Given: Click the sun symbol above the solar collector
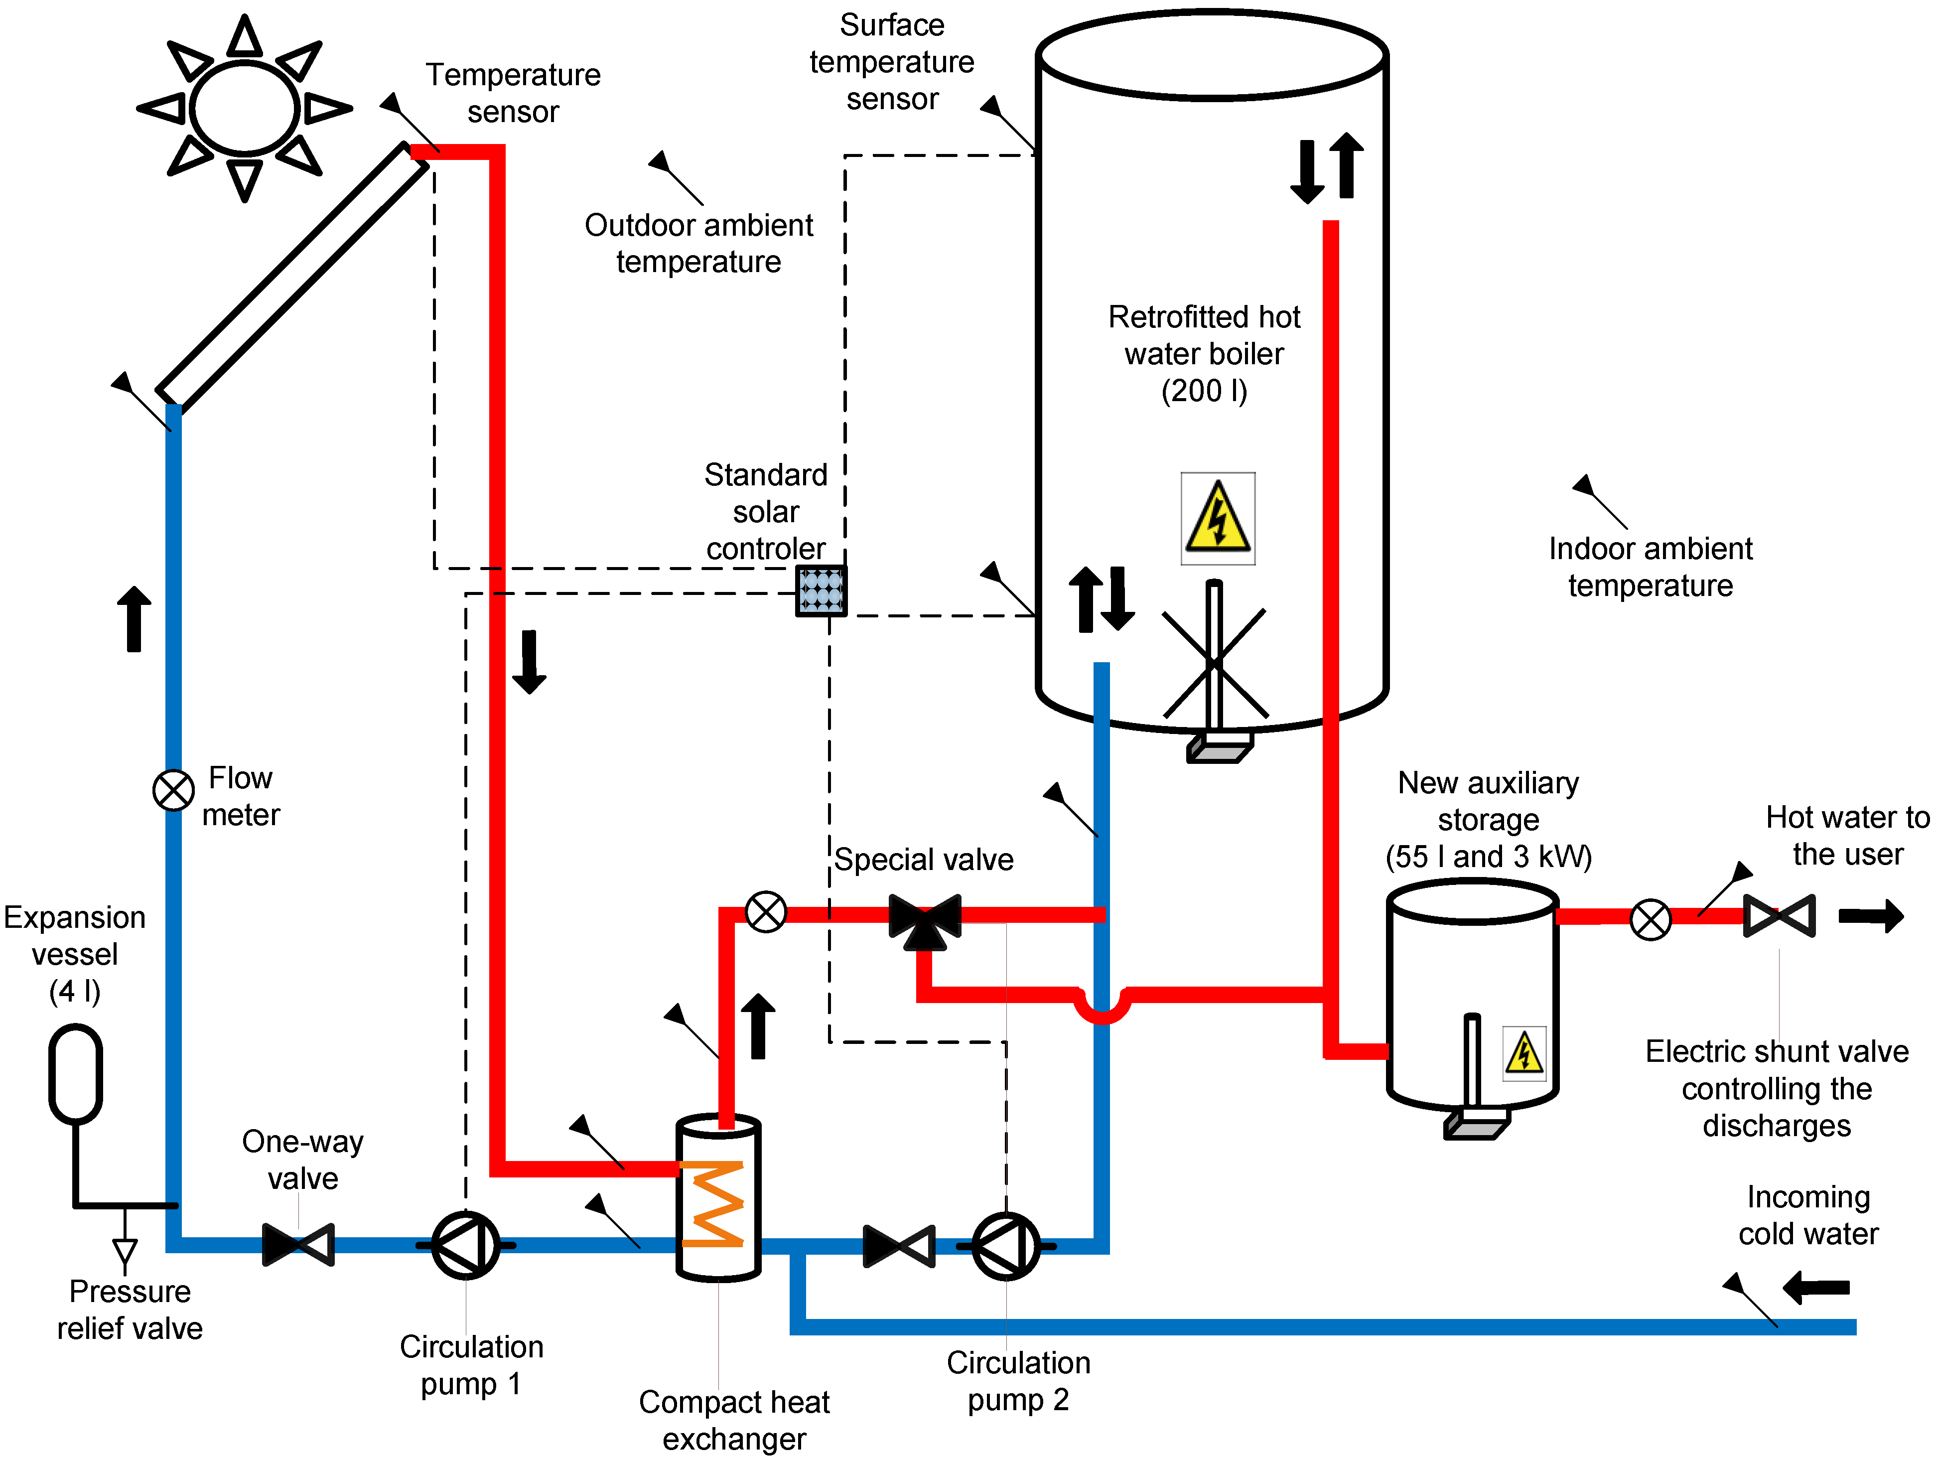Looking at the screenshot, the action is [x=245, y=109].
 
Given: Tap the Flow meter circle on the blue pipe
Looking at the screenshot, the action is [x=174, y=790].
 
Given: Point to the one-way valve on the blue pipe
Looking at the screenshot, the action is [x=298, y=1244].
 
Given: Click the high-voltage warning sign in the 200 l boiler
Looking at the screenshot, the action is [x=1218, y=518].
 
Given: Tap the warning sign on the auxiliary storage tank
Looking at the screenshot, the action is [x=1524, y=1053].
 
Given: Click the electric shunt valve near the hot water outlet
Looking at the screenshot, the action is [x=1779, y=916].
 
